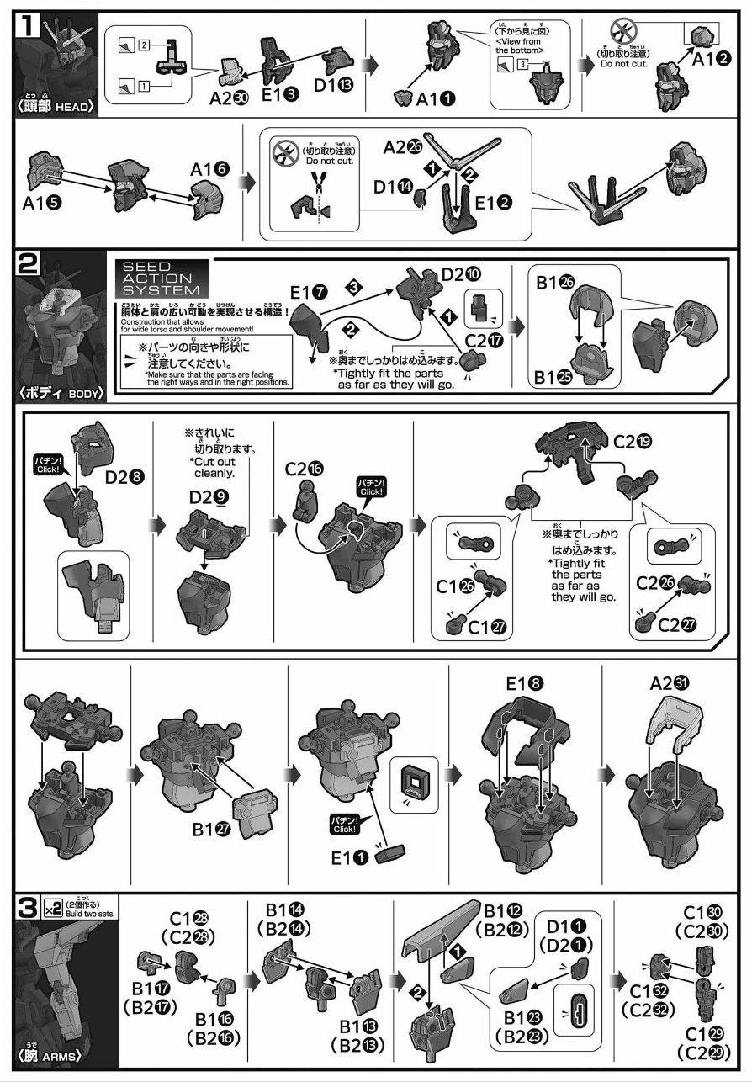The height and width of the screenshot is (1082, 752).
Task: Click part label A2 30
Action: coord(230,97)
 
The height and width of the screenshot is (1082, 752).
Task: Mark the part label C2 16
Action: coord(307,469)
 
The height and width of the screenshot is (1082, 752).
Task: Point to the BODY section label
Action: coord(57,392)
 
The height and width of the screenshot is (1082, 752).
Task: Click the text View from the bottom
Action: coord(519,45)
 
